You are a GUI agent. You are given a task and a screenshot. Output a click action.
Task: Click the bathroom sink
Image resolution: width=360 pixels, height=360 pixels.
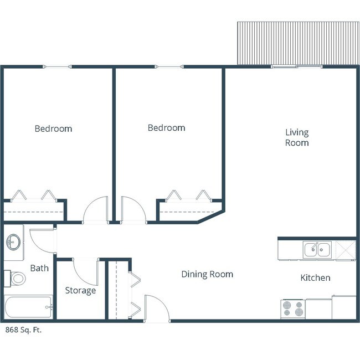tap(13, 242)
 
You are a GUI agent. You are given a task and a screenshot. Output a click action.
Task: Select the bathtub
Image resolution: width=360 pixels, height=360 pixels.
tap(28, 307)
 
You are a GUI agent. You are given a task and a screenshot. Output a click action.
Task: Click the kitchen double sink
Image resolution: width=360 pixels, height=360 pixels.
tap(317, 250)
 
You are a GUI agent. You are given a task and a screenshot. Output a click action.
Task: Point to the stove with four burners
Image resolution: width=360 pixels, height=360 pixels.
tap(293, 309)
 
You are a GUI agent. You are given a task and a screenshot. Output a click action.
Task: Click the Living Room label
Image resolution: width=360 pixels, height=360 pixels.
tap(297, 137)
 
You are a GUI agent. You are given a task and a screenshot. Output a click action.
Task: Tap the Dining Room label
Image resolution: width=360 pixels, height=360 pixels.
tap(207, 274)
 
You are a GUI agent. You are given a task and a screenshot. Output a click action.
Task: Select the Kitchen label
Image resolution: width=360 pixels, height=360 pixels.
tap(315, 278)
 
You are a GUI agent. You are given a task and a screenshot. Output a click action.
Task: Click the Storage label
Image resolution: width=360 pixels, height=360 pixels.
tap(80, 291)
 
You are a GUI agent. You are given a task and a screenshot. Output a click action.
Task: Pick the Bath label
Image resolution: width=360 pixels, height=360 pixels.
tap(39, 268)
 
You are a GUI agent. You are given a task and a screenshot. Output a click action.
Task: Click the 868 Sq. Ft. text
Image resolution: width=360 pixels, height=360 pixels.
tap(23, 330)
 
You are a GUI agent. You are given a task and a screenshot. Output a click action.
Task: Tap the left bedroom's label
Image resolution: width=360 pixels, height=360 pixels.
tap(53, 128)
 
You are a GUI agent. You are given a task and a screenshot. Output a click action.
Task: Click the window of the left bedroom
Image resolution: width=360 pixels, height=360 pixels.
tap(57, 67)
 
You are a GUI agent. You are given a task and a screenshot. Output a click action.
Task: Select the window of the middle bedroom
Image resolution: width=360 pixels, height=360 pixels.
tap(169, 67)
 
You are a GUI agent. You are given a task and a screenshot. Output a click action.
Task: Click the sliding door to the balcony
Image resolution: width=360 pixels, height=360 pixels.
tap(296, 67)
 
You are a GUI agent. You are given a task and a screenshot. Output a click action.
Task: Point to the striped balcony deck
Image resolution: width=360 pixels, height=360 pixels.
tap(298, 43)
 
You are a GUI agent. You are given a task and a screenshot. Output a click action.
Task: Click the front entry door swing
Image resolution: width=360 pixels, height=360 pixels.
tap(161, 301)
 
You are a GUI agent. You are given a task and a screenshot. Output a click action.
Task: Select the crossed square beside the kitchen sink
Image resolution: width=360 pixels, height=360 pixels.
tap(346, 250)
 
